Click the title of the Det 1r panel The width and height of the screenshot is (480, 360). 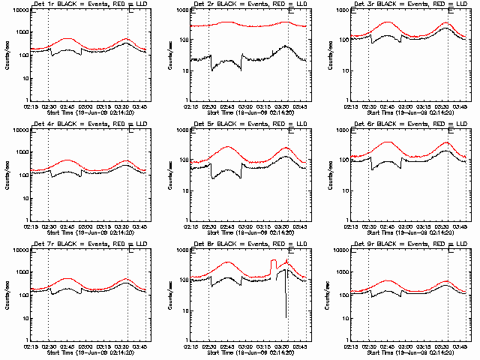(82, 5)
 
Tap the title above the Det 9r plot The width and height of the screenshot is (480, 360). (403, 245)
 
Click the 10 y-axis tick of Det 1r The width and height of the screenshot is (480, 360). (20, 70)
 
